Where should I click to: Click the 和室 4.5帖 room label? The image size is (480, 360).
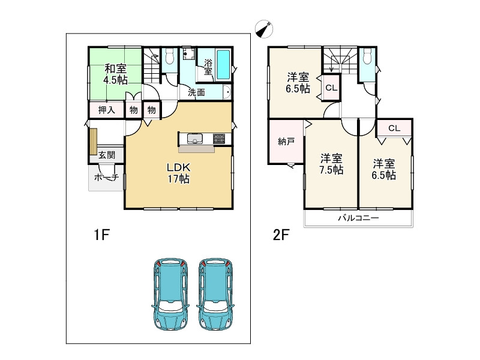tap(116, 74)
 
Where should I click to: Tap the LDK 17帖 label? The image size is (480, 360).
tap(178, 173)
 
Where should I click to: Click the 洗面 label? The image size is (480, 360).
tap(196, 92)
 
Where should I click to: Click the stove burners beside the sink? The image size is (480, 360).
tap(218, 139)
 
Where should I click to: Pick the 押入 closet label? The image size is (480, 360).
tap(107, 110)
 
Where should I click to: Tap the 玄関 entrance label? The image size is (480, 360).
tap(107, 155)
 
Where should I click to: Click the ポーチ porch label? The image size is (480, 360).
tap(106, 177)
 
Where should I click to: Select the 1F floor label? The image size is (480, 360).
tap(101, 235)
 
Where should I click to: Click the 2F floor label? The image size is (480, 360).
tap(281, 235)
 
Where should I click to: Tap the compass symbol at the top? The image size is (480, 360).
tap(264, 29)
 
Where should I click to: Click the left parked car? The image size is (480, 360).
tap(170, 293)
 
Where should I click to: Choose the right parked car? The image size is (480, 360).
tap(216, 293)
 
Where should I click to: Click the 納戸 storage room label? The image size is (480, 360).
tap(286, 141)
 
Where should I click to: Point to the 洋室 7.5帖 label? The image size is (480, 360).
tap(331, 164)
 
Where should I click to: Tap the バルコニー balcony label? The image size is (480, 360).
tap(358, 218)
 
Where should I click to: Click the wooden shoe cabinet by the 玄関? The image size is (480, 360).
tap(94, 142)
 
